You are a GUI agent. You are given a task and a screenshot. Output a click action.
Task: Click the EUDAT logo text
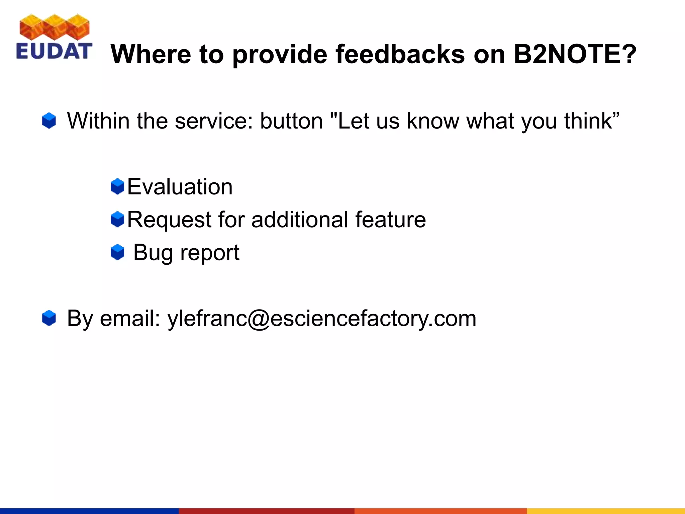[54, 51]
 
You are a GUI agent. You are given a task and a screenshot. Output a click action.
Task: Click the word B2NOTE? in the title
[575, 54]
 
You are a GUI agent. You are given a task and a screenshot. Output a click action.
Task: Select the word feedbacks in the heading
[400, 54]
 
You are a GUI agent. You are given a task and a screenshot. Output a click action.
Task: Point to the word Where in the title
[151, 54]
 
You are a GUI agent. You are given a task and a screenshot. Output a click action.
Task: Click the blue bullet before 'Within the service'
[49, 121]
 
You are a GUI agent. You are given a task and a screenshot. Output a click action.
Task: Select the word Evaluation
[180, 187]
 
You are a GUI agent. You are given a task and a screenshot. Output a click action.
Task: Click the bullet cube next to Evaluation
[117, 186]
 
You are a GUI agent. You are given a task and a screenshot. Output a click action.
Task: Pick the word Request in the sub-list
[169, 220]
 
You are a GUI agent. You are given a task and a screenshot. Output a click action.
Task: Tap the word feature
[390, 220]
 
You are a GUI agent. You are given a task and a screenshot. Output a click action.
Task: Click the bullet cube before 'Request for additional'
[117, 220]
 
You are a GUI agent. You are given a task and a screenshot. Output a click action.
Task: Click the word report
[210, 253]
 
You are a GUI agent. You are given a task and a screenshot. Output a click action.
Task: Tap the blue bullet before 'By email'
[49, 318]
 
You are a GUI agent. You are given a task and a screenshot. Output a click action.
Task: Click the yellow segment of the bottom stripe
[605, 511]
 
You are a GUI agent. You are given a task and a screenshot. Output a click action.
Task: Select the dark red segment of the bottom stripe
[266, 511]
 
